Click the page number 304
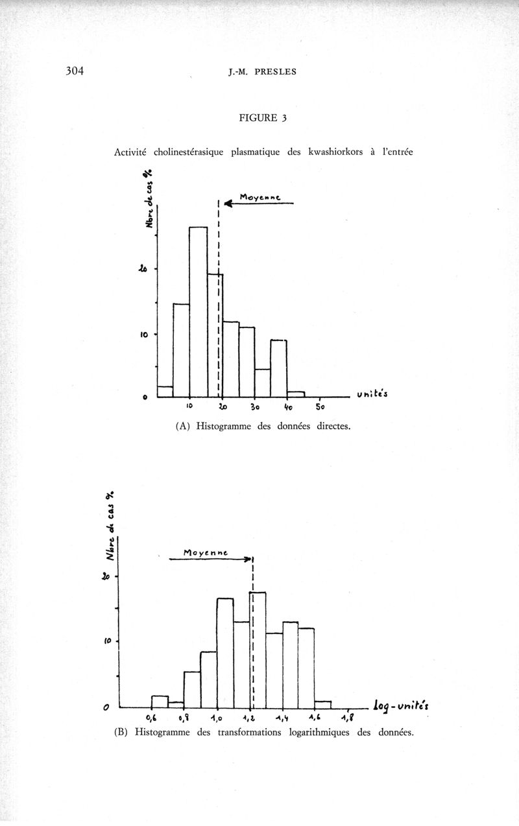[75, 71]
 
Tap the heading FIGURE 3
[263, 118]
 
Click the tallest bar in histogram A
[198, 311]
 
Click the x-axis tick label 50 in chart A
[320, 407]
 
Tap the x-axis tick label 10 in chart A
[189, 407]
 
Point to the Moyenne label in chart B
[206, 553]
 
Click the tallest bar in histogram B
[258, 648]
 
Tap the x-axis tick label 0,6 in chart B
[151, 718]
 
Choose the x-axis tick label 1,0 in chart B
[217, 718]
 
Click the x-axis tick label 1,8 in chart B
[348, 717]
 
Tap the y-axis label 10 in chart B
[108, 641]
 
